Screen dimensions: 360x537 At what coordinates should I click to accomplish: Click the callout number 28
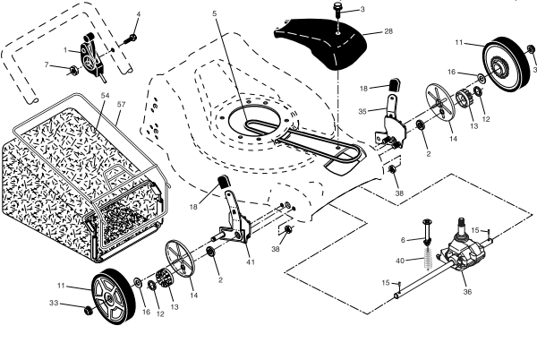tap(388, 31)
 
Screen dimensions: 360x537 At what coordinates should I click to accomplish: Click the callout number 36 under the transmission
tap(466, 291)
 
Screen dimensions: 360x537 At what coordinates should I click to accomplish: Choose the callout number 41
tap(251, 261)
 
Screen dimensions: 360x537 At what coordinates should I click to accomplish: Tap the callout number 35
tap(362, 112)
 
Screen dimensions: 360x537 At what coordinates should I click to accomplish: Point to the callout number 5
tap(215, 13)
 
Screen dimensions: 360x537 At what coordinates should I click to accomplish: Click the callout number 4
tap(138, 14)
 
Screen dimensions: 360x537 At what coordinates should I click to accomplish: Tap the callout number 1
tap(64, 48)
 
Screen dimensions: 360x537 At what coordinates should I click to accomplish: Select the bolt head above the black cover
tap(337, 10)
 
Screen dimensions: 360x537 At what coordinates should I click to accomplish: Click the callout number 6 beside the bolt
tap(404, 239)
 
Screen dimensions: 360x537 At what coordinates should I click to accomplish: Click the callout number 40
tap(403, 261)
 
